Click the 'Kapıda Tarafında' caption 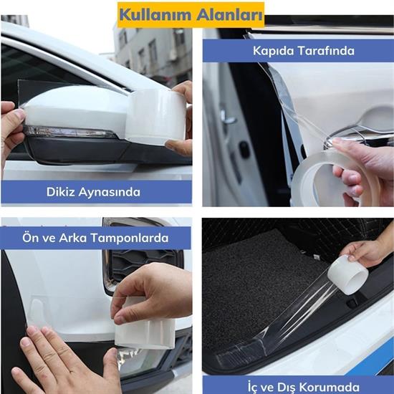pos(297,51)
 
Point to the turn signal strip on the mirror pos(70,133)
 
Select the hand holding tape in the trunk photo pos(369,252)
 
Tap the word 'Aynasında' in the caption pos(115,192)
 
